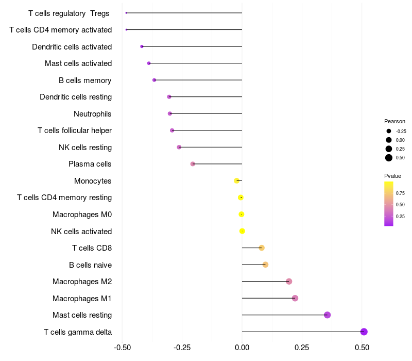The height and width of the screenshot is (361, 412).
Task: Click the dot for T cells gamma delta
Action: (x=364, y=332)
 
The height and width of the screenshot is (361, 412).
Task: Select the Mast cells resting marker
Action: (x=327, y=315)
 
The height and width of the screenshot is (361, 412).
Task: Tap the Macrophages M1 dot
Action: (x=295, y=298)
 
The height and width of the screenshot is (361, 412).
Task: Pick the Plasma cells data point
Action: (x=193, y=164)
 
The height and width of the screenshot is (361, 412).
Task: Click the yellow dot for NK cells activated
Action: (x=242, y=231)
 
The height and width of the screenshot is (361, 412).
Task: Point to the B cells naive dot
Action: (x=265, y=265)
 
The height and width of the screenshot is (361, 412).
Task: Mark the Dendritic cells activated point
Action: (x=142, y=46)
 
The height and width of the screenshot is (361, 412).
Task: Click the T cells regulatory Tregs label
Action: (x=69, y=13)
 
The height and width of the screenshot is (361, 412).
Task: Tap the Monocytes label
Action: (x=93, y=181)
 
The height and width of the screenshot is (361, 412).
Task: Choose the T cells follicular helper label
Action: (x=75, y=130)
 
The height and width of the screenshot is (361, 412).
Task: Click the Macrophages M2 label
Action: (x=82, y=282)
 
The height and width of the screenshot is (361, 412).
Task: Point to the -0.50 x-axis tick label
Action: (x=122, y=348)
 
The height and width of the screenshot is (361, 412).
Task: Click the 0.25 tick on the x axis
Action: (x=302, y=348)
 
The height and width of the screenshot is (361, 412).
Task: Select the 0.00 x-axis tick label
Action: (x=242, y=348)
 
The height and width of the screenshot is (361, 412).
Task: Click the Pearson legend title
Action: (x=394, y=121)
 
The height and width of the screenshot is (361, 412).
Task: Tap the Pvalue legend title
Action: (x=392, y=176)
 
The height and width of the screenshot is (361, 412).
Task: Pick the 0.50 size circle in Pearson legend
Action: (x=389, y=158)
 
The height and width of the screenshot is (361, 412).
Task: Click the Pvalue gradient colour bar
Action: (x=389, y=204)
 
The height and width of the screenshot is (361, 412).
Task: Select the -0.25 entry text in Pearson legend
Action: (x=401, y=132)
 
